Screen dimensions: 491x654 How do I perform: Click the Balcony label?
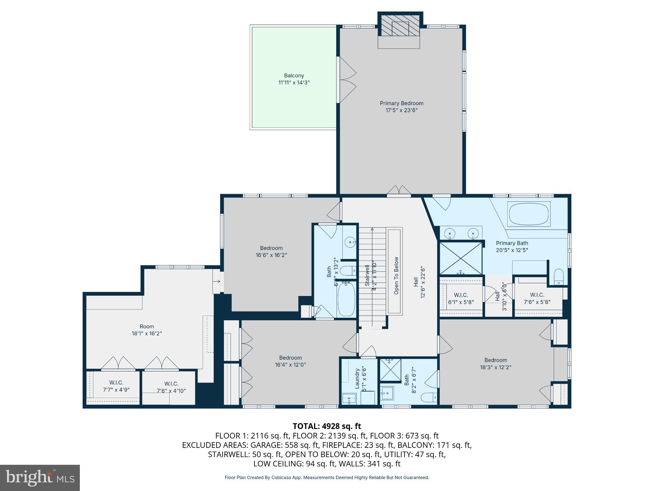(x=294, y=76)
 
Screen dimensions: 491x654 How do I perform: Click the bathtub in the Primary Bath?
(x=529, y=214)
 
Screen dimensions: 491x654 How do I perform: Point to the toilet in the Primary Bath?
(x=558, y=277)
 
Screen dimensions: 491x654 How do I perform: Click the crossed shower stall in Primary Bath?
(x=461, y=258)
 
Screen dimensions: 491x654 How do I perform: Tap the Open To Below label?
(x=396, y=276)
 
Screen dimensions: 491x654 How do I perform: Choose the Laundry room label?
(x=357, y=378)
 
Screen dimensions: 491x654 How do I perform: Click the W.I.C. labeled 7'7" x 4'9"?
(x=116, y=386)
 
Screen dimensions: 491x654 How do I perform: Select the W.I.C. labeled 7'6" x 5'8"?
(x=537, y=298)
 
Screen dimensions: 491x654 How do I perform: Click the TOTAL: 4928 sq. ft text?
(x=327, y=426)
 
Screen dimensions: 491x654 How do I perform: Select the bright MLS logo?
(x=40, y=478)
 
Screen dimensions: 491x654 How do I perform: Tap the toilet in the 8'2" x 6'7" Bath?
(x=429, y=398)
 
